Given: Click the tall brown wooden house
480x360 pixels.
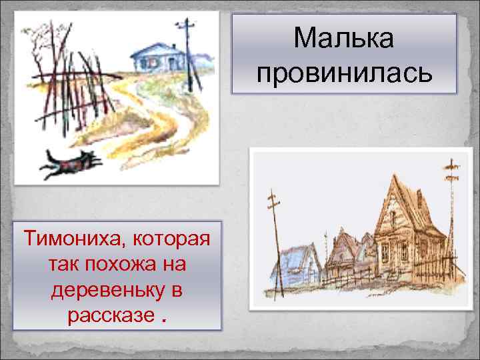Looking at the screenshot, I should pyautogui.click(x=403, y=227).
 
